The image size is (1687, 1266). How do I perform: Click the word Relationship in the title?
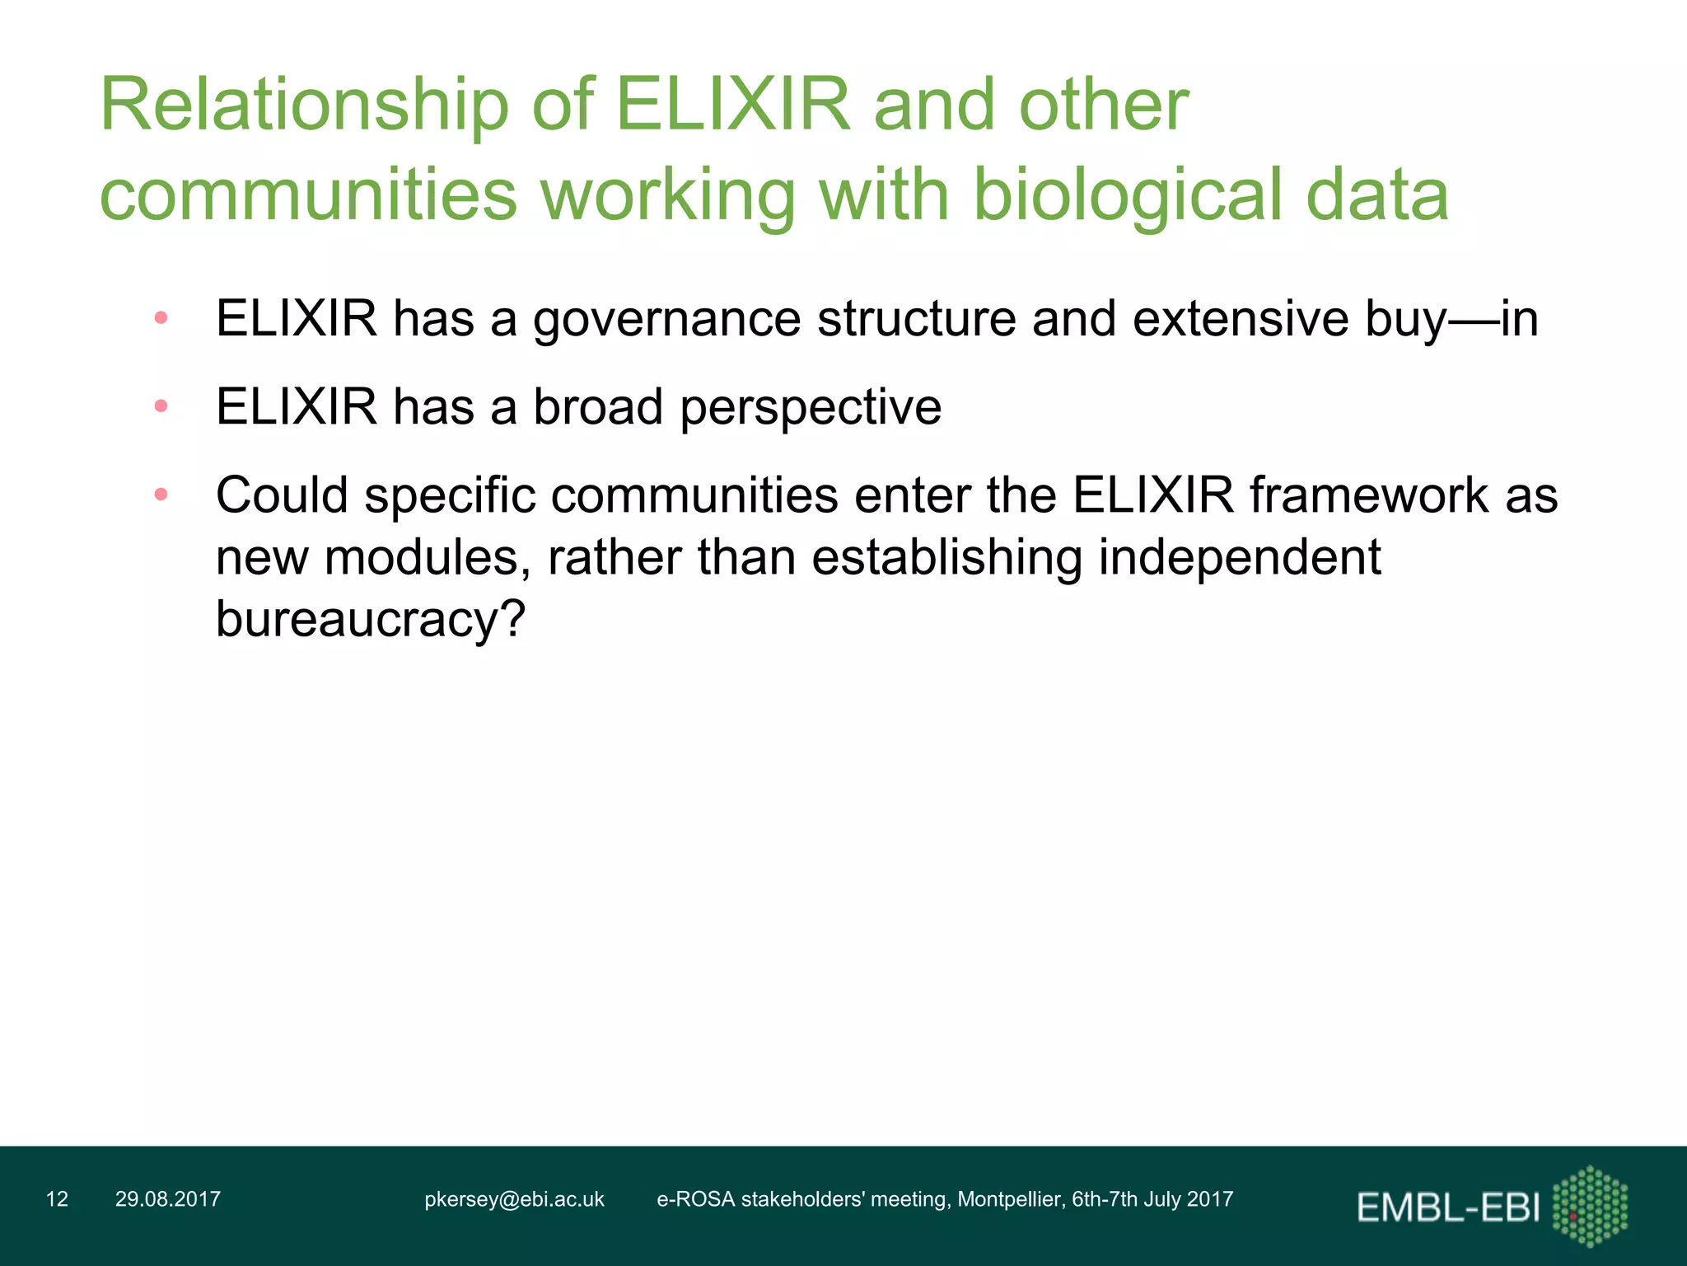click(x=304, y=105)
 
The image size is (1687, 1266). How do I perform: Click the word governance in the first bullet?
click(x=666, y=319)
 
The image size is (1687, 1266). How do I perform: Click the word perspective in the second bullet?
click(x=811, y=407)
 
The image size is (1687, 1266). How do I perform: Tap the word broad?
click(x=598, y=407)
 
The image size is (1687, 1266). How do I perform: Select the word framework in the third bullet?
click(x=1368, y=495)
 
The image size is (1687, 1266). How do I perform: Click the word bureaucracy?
click(x=370, y=619)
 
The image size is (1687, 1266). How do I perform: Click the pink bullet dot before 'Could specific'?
click(x=161, y=495)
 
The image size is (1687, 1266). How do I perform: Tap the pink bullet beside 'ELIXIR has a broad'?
click(x=161, y=406)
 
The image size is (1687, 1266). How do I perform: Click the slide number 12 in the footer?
click(x=57, y=1199)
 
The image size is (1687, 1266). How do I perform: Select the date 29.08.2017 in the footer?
click(x=168, y=1199)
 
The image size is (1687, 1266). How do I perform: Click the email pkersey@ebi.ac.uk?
click(x=514, y=1199)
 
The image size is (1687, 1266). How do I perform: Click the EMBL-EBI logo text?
click(x=1448, y=1207)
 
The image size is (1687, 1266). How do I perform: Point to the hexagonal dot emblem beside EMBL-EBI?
click(x=1590, y=1206)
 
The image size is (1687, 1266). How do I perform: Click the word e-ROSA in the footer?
click(x=695, y=1199)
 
